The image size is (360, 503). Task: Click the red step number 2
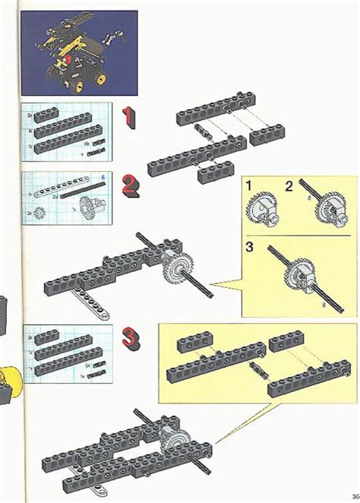(x=131, y=185)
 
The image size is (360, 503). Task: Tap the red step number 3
(x=131, y=340)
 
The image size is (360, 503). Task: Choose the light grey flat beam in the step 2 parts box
(x=61, y=186)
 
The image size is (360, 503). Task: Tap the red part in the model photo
(x=68, y=55)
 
